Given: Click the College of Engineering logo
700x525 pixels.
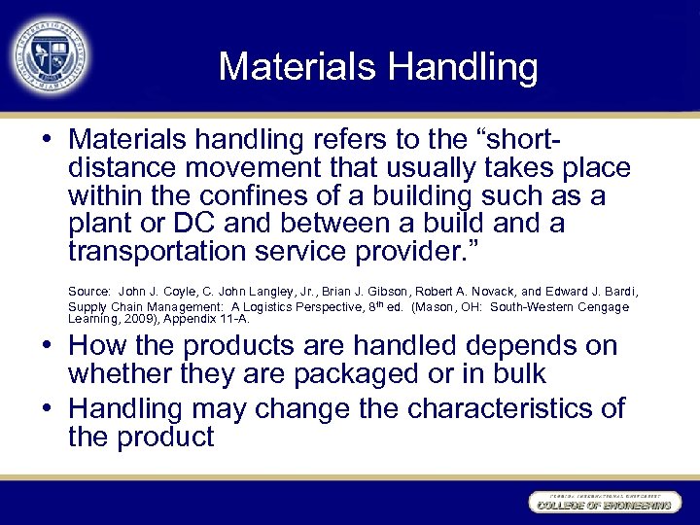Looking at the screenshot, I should click(x=600, y=502).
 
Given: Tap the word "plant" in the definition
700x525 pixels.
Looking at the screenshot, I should click(x=101, y=224).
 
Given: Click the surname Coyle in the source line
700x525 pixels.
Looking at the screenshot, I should click(x=175, y=292).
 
